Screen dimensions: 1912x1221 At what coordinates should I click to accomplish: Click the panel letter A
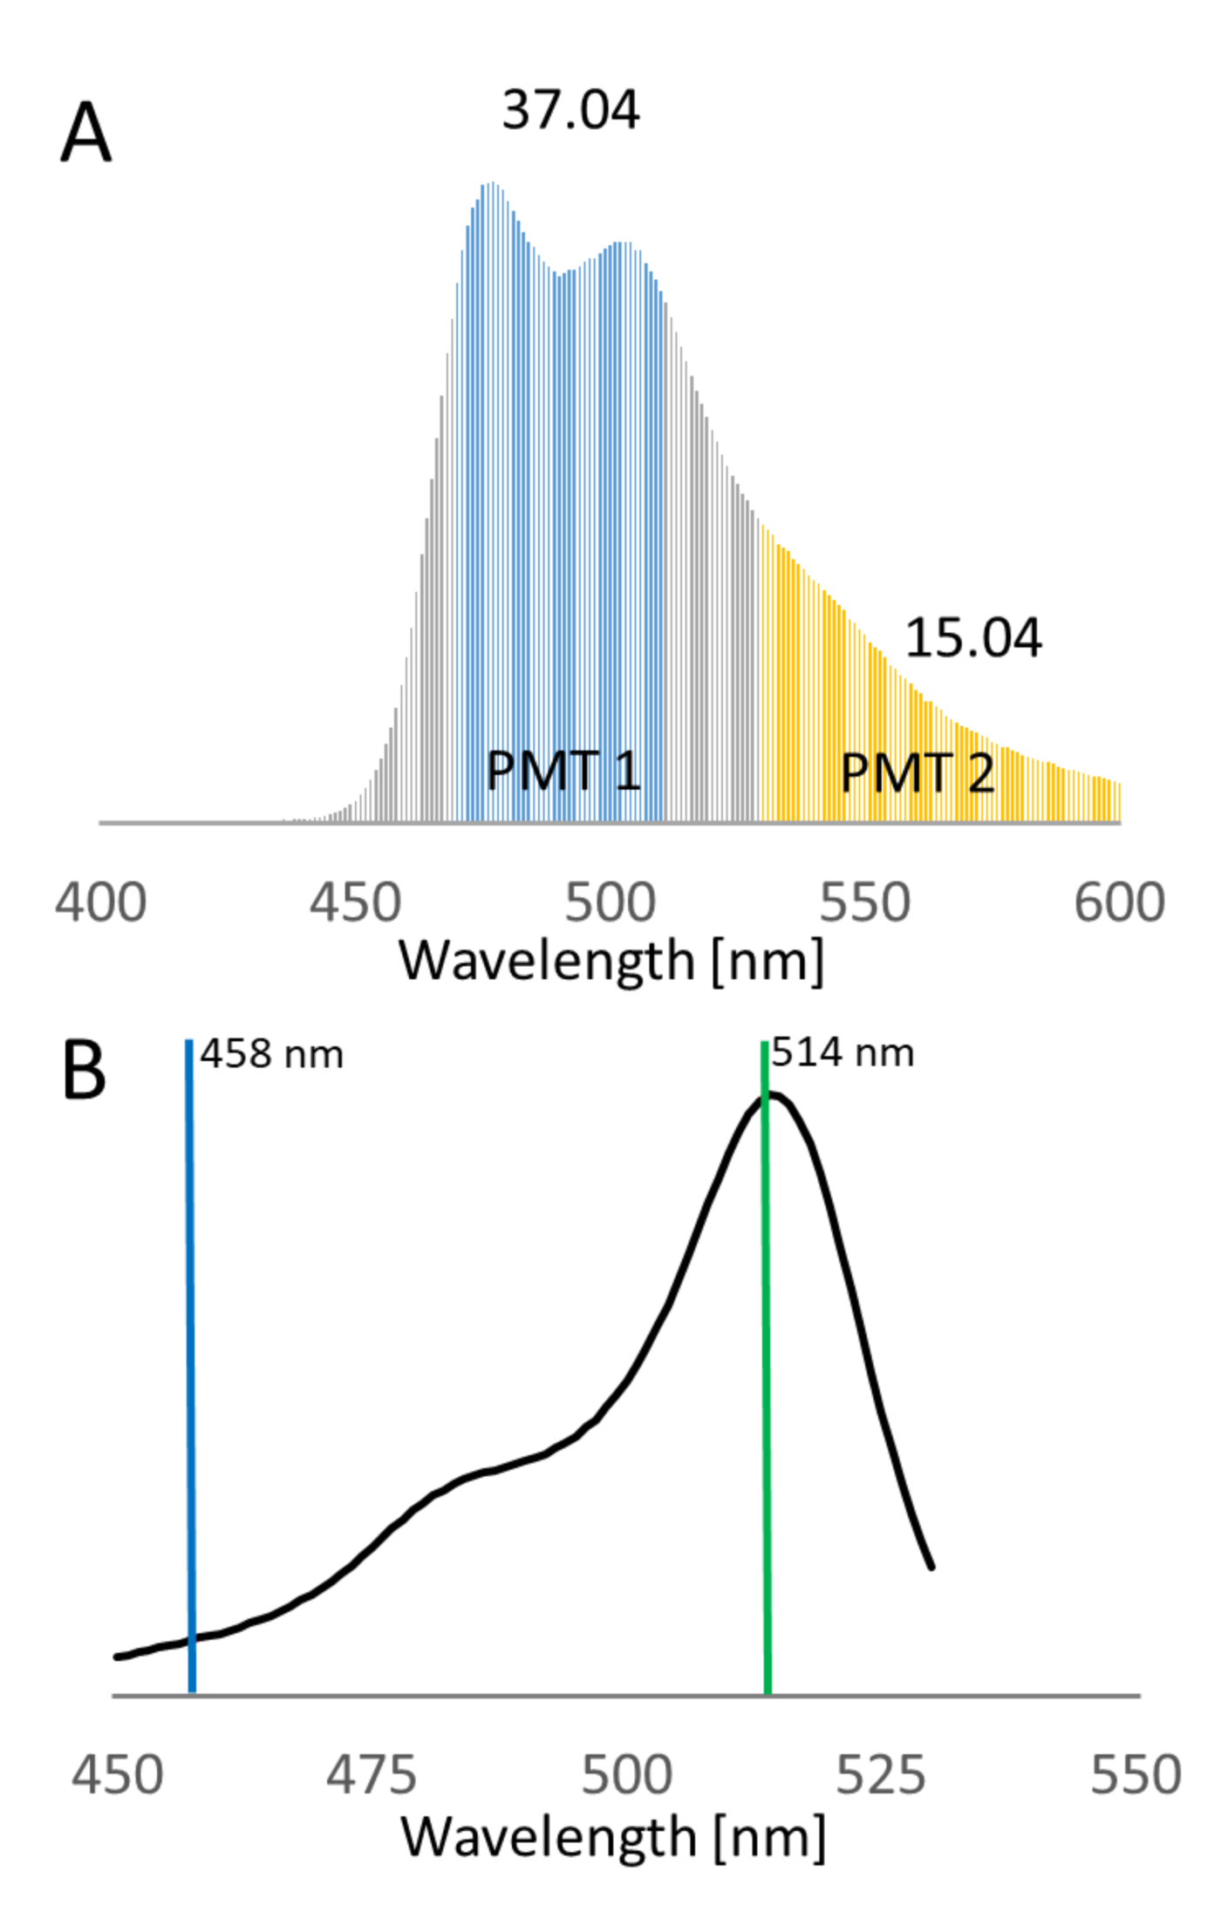(85, 133)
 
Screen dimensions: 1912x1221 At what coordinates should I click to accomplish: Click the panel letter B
(84, 1071)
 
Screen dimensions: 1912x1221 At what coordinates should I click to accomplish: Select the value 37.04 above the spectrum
(570, 111)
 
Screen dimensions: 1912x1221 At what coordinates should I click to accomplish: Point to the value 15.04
(972, 638)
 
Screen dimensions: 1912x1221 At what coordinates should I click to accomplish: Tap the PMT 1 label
(563, 772)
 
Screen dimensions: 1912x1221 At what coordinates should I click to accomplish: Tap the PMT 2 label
(917, 773)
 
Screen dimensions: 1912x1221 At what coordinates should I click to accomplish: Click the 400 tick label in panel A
(100, 902)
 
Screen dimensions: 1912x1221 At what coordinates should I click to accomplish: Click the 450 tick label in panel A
(355, 902)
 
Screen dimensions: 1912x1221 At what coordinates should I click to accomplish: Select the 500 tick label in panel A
(610, 902)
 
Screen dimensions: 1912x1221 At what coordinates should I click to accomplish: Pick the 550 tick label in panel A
(864, 902)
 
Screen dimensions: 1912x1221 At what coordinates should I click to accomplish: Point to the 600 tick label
(1119, 902)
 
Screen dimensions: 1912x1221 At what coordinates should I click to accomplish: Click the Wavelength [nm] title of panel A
(610, 962)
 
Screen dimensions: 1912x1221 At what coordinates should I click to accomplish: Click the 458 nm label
(272, 1055)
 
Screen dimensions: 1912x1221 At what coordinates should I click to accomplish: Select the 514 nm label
(842, 1053)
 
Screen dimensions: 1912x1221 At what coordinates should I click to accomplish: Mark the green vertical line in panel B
(766, 1395)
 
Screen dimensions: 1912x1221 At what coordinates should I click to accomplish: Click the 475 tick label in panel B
(372, 1776)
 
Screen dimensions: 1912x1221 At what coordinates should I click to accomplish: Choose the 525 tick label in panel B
(881, 1776)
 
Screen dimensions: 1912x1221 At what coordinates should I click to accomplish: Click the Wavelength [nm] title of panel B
(612, 1837)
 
